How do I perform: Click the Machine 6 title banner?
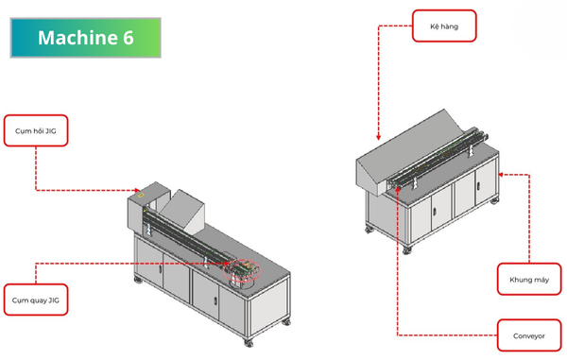point(86,38)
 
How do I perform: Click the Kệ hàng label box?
point(444,26)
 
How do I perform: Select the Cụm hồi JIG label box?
point(36,130)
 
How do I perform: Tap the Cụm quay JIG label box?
point(36,300)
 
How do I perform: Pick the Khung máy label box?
point(529,280)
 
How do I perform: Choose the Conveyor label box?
point(529,335)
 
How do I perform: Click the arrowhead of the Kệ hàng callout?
point(378,137)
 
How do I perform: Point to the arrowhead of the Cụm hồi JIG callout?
point(137,190)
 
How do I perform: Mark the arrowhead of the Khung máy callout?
point(501,175)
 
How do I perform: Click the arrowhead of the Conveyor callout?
point(397,189)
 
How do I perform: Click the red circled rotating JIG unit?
point(241,270)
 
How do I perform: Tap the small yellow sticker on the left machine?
point(141,196)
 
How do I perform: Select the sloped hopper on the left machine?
point(182,212)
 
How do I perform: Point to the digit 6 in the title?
point(128,38)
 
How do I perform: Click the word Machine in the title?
point(77,38)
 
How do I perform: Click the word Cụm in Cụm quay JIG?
point(19,300)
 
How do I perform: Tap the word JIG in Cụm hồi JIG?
point(50,130)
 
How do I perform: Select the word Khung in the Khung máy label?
point(519,280)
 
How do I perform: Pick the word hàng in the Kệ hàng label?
point(449,26)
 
